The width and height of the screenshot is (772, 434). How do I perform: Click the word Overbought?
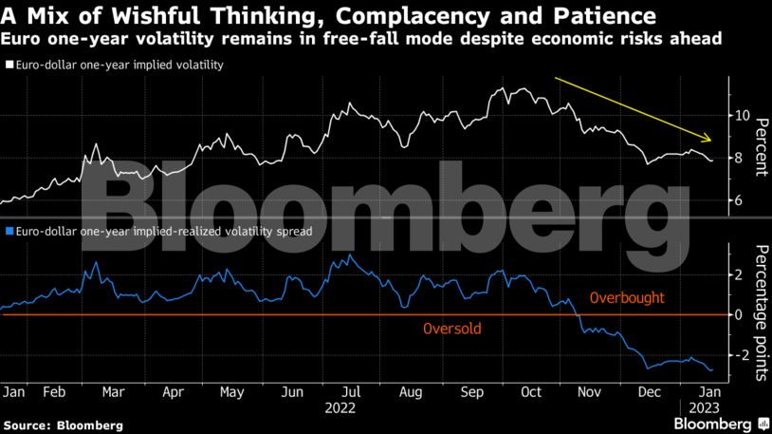tap(627, 298)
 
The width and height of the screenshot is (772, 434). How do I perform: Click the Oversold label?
tap(452, 329)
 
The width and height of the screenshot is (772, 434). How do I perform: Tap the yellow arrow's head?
tap(708, 139)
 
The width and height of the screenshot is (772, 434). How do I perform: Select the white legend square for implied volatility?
tap(9, 65)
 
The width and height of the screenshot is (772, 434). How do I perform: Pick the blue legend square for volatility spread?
tap(9, 231)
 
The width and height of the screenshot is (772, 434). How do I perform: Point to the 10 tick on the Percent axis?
tap(742, 116)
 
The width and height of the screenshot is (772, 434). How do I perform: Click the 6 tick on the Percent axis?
tap(739, 200)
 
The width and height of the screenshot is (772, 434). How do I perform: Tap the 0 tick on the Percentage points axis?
tap(739, 314)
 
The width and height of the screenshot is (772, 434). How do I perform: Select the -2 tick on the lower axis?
tap(739, 355)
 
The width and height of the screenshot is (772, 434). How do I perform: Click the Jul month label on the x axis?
tap(351, 392)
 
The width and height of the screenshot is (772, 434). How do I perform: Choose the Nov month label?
tap(589, 392)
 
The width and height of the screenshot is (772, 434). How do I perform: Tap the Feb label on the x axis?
tap(54, 392)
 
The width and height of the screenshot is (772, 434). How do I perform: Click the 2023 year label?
tap(704, 408)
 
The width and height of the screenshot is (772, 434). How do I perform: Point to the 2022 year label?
tap(340, 408)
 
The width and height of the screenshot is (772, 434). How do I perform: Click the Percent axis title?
tap(762, 147)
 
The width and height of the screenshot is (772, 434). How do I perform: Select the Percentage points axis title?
tap(762, 312)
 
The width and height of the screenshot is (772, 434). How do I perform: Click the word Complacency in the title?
tap(413, 16)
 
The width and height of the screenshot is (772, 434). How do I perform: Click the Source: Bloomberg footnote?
tap(63, 425)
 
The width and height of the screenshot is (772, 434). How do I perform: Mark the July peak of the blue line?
tap(350, 255)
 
